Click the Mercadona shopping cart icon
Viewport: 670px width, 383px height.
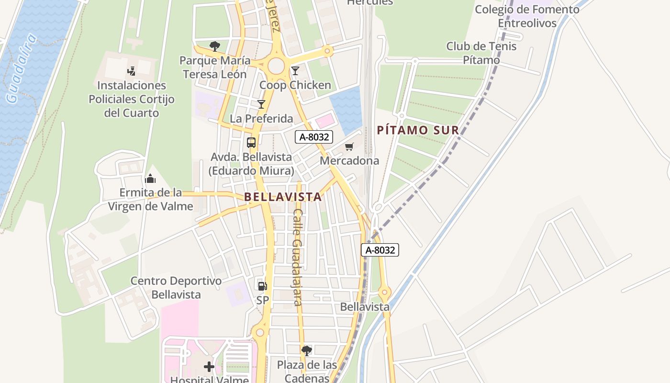coord(349,147)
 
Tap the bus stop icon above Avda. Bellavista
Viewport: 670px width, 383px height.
coord(251,143)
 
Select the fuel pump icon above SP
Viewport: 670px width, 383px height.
coord(262,286)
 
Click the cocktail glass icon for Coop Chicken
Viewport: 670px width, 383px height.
coord(295,71)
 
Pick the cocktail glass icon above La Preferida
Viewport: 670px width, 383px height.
coord(261,104)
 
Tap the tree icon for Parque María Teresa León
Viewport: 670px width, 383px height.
coord(215,46)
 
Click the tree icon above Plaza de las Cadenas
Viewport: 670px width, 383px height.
coord(307,351)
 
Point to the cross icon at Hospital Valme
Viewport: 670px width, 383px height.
coord(209,367)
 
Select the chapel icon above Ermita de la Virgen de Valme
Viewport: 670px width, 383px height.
coord(150,179)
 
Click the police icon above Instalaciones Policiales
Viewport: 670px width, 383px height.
coord(131,71)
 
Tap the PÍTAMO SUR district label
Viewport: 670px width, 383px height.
coord(418,130)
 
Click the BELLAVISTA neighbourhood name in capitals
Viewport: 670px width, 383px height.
coord(283,197)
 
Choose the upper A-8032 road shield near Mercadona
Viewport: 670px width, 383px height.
coord(313,137)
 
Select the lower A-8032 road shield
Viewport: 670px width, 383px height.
coord(380,250)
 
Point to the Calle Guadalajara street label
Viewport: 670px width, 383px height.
coord(298,257)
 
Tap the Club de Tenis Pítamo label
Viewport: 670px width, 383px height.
coord(481,53)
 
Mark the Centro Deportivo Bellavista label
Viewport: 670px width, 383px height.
coord(176,287)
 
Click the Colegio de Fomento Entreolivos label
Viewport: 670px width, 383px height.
coord(527,16)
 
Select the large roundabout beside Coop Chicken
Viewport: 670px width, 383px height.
coord(276,66)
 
